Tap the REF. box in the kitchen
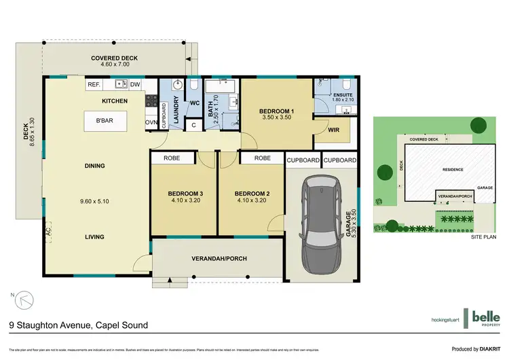pyautogui.click(x=94, y=85)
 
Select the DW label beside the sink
pyautogui.click(x=135, y=85)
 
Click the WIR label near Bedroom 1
pyautogui.click(x=333, y=129)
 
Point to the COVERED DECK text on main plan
pyautogui.click(x=115, y=58)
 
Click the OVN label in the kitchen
pyautogui.click(x=150, y=123)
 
